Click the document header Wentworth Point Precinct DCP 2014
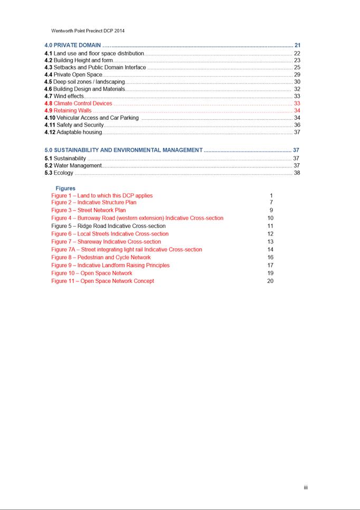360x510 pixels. coord(88,31)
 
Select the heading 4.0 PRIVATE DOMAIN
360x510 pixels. coord(73,45)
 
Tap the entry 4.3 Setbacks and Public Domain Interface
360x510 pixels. coord(96,68)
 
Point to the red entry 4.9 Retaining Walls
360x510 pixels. coord(69,111)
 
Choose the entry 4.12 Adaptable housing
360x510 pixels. coord(73,132)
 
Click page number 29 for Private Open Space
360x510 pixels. coord(297,75)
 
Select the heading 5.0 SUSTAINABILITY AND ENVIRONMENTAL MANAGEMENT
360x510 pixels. coord(124,150)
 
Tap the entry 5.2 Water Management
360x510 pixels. coord(73,166)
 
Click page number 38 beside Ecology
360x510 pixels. coord(297,173)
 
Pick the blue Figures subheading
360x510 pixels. coord(65,188)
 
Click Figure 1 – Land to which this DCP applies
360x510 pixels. coord(102,195)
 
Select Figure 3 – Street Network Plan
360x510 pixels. coord(89,210)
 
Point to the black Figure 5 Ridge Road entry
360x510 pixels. coord(108,226)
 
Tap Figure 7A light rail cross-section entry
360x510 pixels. coord(127,250)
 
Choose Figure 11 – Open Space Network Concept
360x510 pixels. coord(103,281)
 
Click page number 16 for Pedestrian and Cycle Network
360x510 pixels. coord(270,258)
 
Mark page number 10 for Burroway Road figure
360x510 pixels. coord(270,218)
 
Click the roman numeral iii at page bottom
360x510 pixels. coord(306,487)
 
